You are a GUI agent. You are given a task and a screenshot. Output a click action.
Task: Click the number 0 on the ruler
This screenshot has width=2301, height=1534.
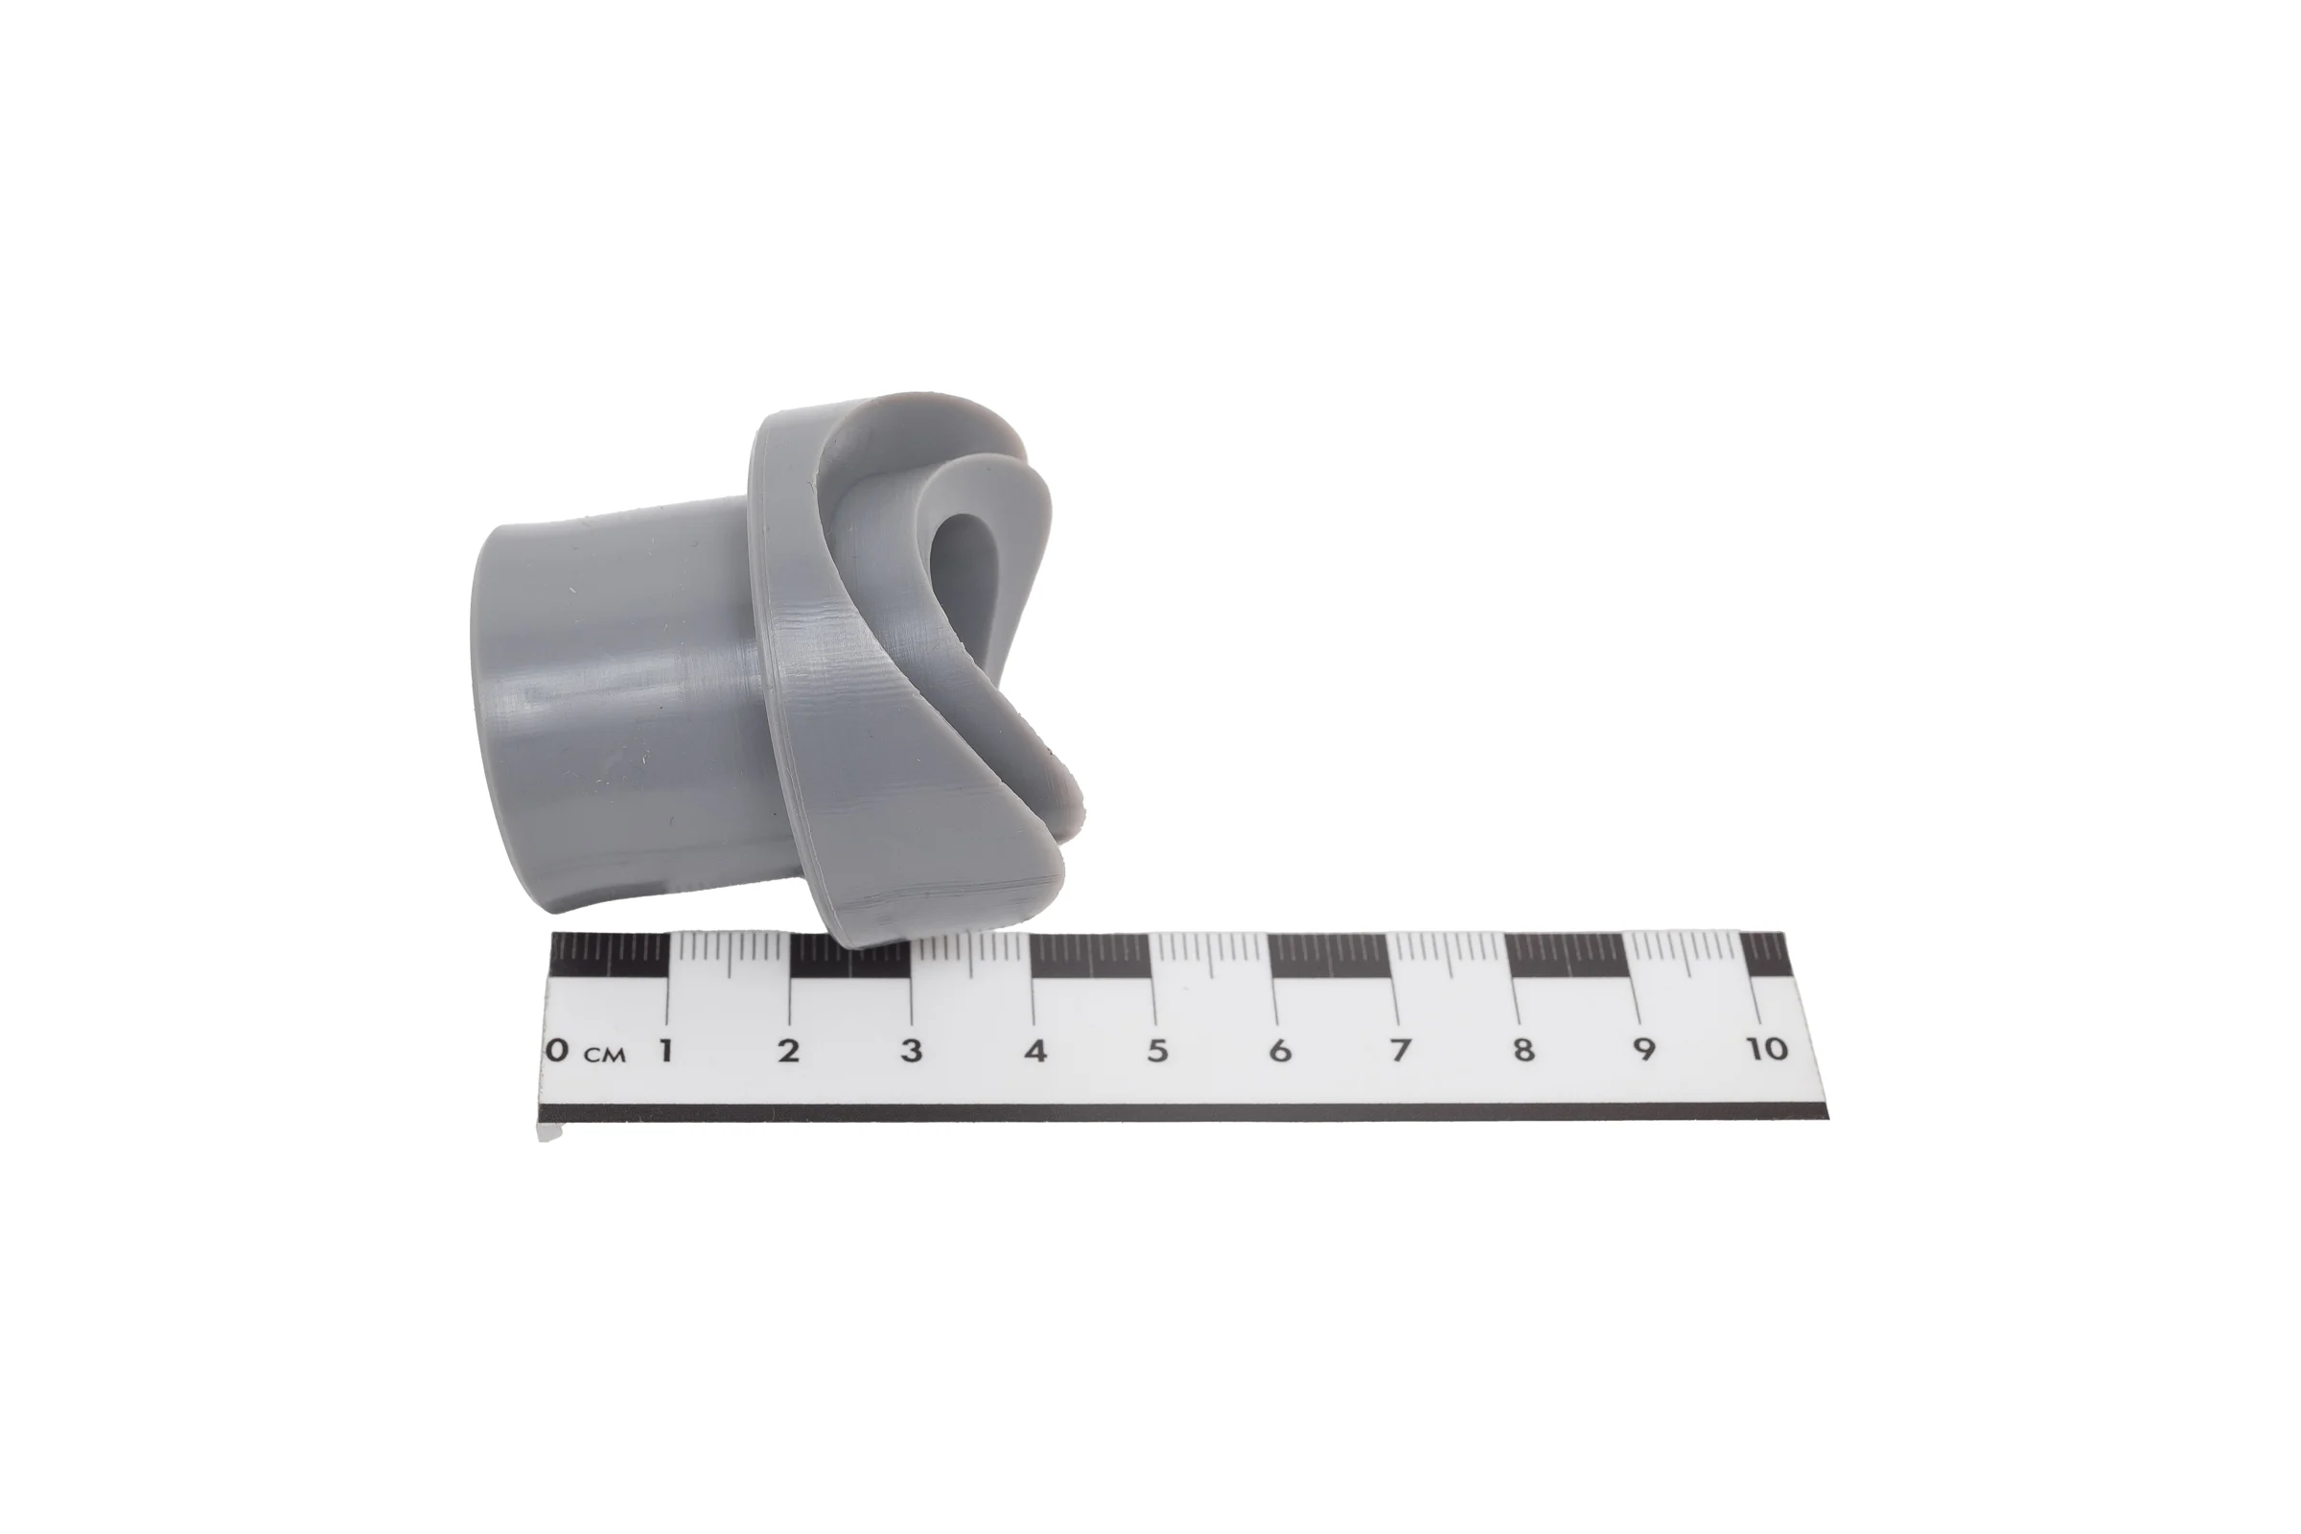click(x=556, y=1051)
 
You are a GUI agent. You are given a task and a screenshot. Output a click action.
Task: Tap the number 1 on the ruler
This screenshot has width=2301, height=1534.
click(x=665, y=1051)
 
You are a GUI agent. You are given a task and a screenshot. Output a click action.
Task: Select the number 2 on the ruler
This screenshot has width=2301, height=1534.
click(x=788, y=1051)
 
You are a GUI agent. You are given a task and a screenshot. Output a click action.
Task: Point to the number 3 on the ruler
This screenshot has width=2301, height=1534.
click(x=911, y=1051)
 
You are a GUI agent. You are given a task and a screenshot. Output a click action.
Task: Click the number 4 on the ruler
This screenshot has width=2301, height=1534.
click(x=1035, y=1051)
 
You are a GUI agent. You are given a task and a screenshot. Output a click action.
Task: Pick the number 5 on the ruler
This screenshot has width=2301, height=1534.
click(x=1157, y=1051)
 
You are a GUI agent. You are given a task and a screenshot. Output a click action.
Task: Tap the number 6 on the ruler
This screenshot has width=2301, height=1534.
click(x=1280, y=1051)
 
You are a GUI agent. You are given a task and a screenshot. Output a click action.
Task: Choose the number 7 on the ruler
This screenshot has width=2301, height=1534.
click(x=1401, y=1051)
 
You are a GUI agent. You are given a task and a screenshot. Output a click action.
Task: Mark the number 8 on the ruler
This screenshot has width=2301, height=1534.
click(x=1523, y=1051)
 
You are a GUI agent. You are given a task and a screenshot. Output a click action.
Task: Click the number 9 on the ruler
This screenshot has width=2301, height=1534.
click(x=1644, y=1051)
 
